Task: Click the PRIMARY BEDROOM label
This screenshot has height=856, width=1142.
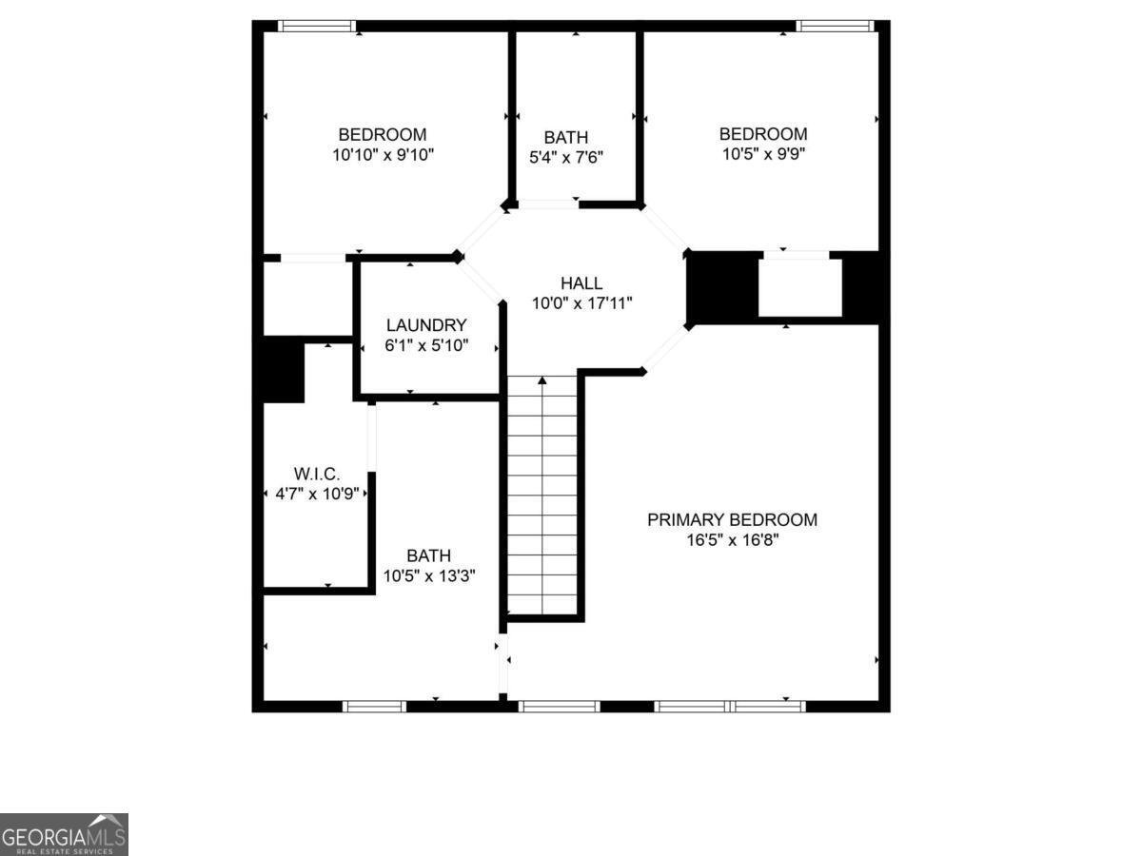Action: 732,519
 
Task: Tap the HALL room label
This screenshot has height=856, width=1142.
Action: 581,282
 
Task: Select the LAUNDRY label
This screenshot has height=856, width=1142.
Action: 426,325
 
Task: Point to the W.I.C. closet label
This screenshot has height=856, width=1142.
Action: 317,474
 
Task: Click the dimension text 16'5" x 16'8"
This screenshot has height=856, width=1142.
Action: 732,540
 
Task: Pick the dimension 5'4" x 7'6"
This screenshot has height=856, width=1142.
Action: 566,157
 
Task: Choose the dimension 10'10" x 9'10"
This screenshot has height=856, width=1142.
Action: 383,155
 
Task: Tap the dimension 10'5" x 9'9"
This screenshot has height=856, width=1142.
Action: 762,154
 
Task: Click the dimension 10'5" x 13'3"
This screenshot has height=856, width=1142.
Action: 428,575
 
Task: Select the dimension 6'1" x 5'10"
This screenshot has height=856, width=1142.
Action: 426,346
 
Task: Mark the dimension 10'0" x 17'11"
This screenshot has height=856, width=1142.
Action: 581,303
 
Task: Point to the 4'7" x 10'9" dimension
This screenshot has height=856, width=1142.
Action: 317,494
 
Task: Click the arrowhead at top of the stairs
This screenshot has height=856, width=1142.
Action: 542,381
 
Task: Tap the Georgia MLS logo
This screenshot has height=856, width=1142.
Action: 64,834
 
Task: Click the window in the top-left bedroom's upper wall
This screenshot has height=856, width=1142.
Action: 317,26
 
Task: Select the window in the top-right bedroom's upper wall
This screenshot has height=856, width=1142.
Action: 835,26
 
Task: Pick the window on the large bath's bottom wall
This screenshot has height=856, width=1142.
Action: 374,706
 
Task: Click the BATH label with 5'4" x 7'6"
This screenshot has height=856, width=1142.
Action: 566,137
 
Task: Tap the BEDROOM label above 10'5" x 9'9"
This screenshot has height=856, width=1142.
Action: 762,134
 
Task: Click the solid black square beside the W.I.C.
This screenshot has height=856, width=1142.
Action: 283,371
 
